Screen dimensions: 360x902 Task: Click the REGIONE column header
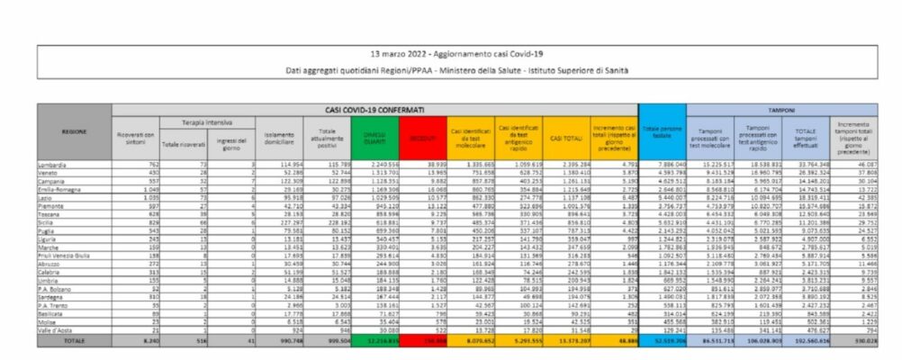[x=75, y=131]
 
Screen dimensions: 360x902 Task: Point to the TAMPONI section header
[x=779, y=109]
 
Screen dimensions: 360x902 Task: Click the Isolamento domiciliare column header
[x=279, y=137]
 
